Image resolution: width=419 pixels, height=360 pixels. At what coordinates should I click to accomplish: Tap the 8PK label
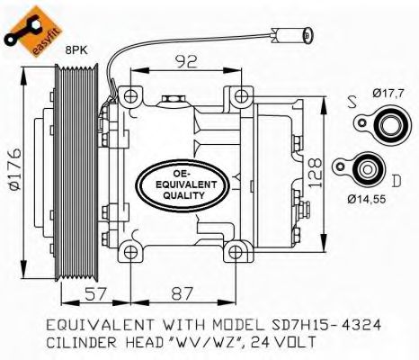[76, 50]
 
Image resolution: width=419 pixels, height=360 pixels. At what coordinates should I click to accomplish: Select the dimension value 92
[186, 61]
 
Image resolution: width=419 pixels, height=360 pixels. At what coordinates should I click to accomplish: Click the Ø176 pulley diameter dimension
[14, 169]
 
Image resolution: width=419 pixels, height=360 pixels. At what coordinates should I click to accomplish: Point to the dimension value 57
[95, 293]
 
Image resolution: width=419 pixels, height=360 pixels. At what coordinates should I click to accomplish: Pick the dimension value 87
[182, 293]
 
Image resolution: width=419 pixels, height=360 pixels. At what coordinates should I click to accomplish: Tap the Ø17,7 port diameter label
[388, 93]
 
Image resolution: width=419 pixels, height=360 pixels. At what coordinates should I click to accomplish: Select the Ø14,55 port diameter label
[367, 199]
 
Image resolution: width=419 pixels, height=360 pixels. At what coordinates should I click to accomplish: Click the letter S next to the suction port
[352, 102]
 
